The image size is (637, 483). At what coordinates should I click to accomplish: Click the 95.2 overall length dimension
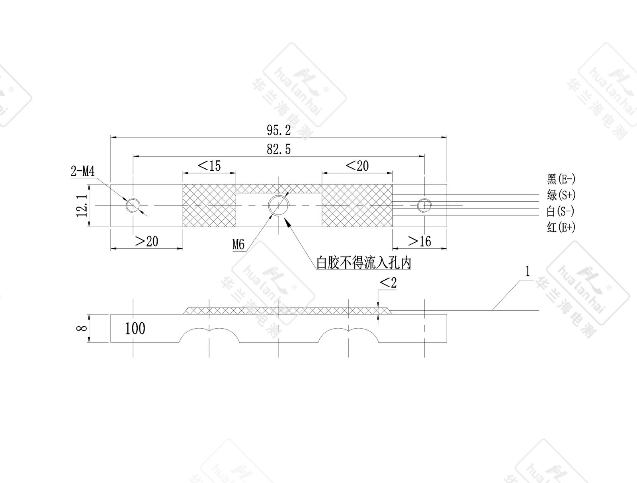coord(279,130)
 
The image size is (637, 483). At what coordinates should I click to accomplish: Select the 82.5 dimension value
coord(279,149)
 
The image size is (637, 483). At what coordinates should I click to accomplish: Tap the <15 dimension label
coord(209,166)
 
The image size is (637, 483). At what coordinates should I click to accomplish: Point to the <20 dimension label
coord(357,166)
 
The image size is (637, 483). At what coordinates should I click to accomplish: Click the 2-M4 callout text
coord(83,172)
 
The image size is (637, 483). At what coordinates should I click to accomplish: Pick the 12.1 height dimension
coord(82,205)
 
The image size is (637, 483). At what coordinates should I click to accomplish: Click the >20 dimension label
coord(147,241)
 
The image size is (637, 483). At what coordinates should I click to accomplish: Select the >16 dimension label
coord(420,241)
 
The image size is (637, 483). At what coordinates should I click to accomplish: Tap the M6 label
coord(238,244)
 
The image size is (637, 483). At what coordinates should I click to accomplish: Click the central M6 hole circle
coord(279,205)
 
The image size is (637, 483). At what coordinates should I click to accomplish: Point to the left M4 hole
coord(133,205)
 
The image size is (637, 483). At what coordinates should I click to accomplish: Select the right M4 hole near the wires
coord(424,205)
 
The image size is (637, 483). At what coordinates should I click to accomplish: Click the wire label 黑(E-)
coord(561,179)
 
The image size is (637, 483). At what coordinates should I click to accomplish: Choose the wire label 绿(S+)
coord(561,195)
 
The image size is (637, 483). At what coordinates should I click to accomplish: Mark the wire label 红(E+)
coord(561,228)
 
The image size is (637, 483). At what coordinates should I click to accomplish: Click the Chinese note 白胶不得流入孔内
coord(363,263)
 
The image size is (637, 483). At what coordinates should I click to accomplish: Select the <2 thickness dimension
coord(388,283)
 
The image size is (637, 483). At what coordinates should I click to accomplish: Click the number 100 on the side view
coord(135,329)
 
